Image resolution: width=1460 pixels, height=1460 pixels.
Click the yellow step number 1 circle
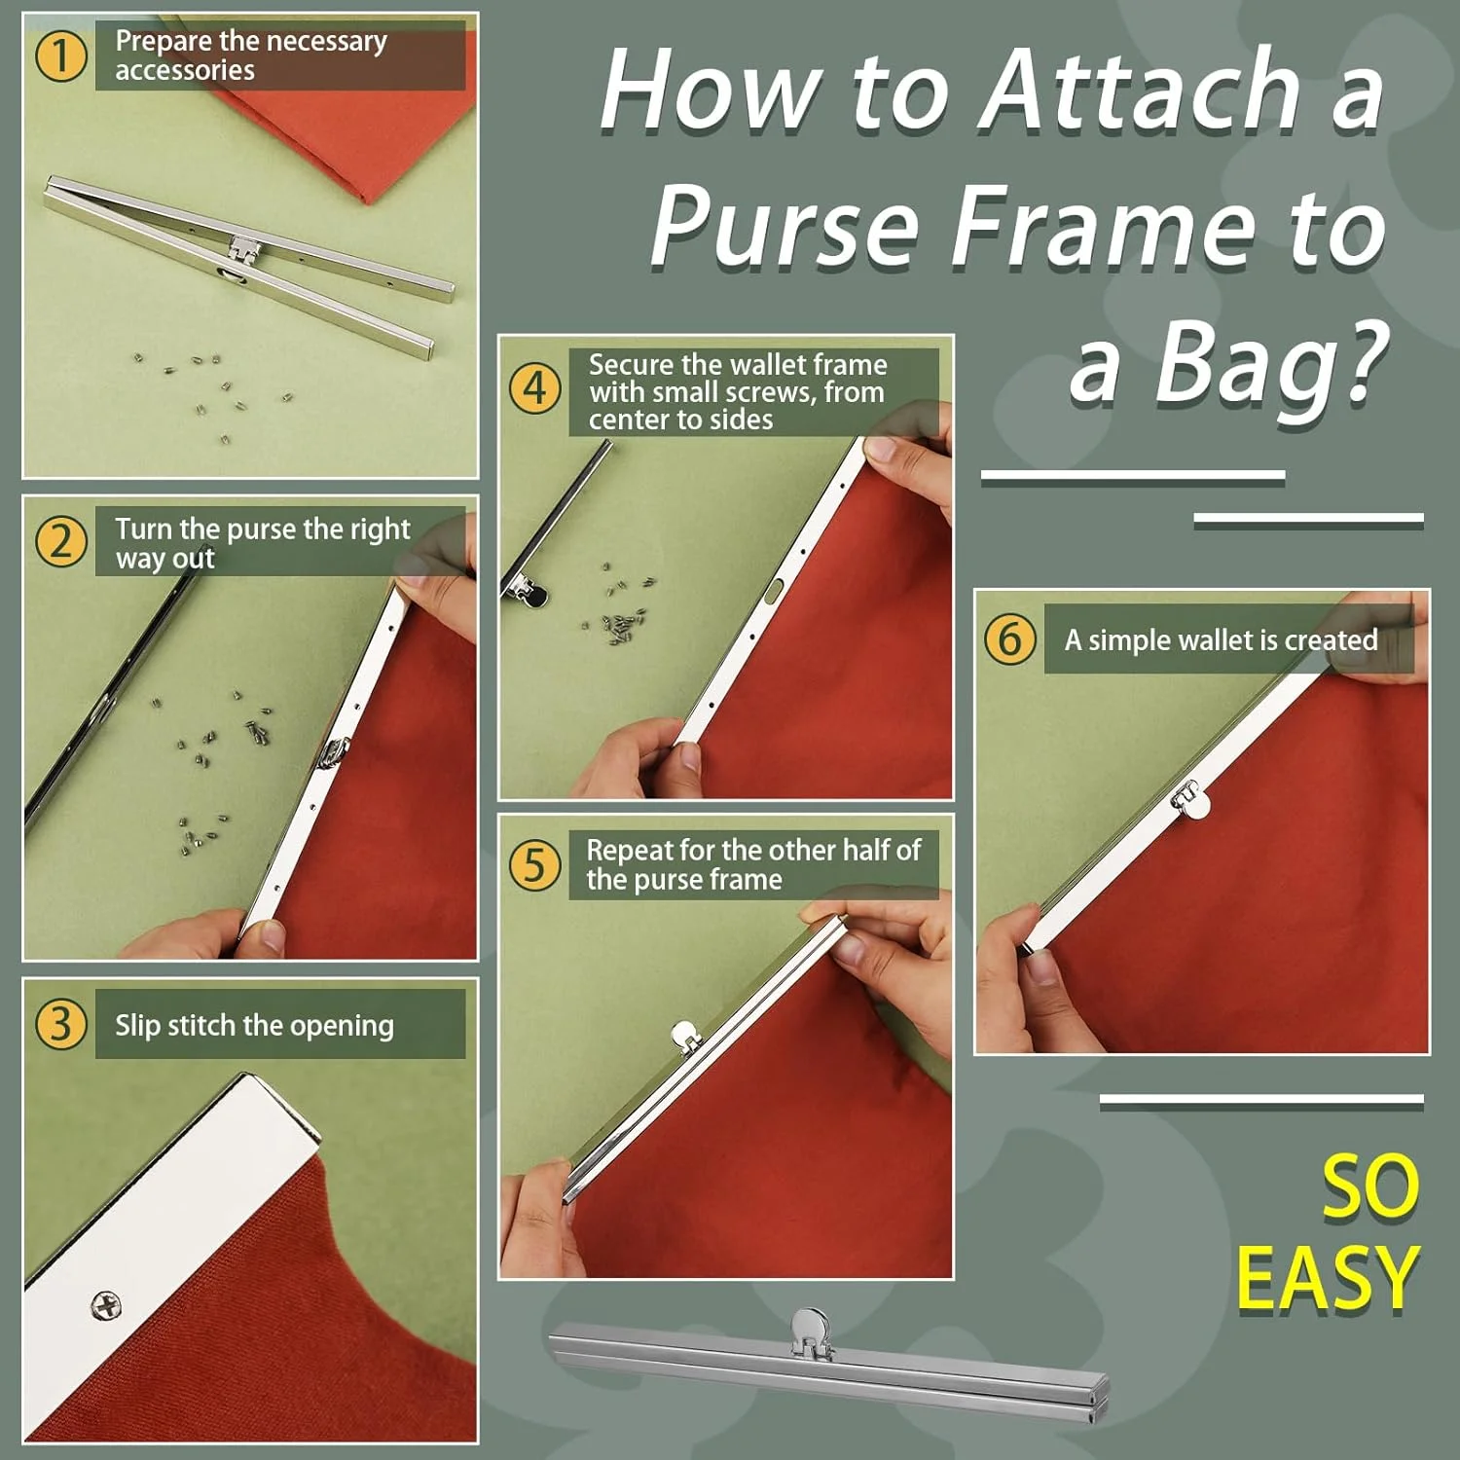point(61,56)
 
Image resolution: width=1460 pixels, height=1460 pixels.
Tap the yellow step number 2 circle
point(61,542)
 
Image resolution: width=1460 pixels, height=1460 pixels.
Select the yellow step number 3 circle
point(61,1024)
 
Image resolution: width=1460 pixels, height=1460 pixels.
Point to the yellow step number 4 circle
point(535,388)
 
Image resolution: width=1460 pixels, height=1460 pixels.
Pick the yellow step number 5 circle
point(535,864)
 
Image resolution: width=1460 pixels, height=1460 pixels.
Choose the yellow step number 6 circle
point(1009,639)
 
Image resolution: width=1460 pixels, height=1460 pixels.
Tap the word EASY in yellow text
point(1328,1278)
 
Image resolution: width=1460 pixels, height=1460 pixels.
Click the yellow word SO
point(1369,1187)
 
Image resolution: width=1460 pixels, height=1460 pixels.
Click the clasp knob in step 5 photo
point(685,1035)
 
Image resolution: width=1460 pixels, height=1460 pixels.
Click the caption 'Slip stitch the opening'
point(255,1025)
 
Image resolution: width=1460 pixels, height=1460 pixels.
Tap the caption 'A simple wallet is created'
point(1222,639)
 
